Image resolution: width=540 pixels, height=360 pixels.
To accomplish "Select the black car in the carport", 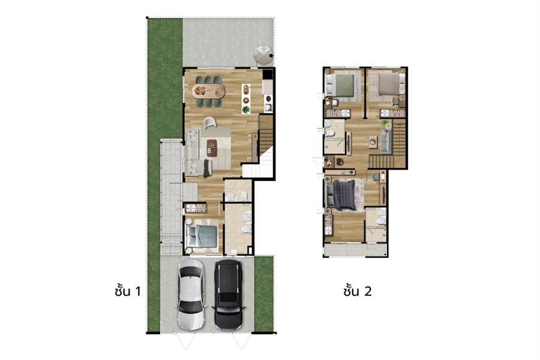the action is (228, 295).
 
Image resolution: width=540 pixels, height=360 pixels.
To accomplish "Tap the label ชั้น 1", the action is (128, 291).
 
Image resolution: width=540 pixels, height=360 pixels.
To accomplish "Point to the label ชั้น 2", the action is (358, 291).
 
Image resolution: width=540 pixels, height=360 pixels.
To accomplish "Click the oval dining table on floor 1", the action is (209, 91).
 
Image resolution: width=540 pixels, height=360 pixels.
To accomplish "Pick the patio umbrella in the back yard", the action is (264, 55).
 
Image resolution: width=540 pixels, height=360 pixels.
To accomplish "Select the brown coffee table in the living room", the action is (212, 148).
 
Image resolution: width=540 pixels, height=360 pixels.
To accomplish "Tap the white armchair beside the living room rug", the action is (210, 122).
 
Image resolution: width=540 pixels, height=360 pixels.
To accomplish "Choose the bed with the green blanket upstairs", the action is (340, 85).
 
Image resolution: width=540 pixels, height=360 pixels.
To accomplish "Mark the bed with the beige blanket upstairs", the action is (392, 85).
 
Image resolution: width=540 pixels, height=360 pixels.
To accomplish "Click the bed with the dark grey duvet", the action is (341, 195).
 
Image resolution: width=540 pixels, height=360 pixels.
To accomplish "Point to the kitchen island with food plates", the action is (246, 98).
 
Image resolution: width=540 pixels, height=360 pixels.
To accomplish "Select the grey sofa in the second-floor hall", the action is (386, 142).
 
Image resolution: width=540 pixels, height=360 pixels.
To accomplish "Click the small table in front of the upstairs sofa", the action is (373, 142).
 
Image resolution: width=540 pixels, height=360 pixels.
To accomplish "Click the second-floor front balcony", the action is (355, 250).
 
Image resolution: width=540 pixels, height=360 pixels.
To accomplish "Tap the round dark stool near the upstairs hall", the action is (340, 161).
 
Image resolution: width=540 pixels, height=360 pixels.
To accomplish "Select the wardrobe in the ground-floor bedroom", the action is (196, 208).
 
